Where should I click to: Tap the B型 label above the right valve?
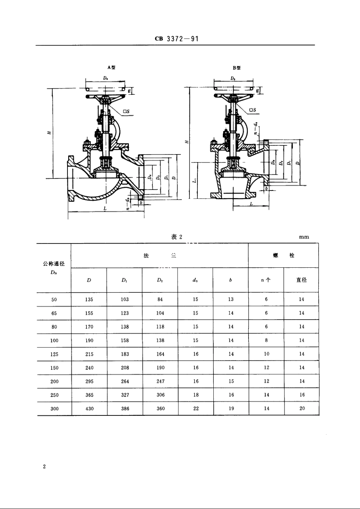(237, 68)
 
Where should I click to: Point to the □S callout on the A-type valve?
(126, 112)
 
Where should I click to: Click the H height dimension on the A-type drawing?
(49, 133)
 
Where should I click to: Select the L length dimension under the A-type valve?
(105, 209)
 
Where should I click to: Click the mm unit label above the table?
(304, 237)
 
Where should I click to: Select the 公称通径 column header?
(54, 264)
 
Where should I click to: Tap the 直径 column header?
(301, 280)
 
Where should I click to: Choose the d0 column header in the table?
(195, 281)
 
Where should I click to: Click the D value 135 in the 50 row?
(89, 299)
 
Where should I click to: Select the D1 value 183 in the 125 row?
(125, 354)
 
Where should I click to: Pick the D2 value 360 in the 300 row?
(160, 409)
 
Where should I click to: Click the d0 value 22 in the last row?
(196, 409)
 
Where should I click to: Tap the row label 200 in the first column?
(54, 381)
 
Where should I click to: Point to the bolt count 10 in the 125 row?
(266, 354)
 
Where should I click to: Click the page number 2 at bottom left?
(44, 467)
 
